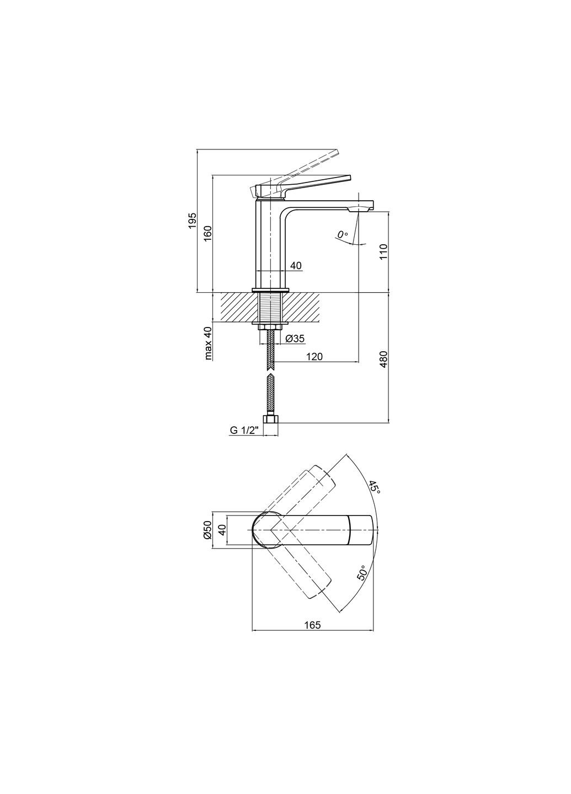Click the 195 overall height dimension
pos(192,220)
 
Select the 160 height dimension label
pos(208,233)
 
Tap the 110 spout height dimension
pos(384,251)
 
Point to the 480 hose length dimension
pos(384,358)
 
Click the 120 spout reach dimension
pos(314,357)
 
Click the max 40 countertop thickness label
pos(208,343)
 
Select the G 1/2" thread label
pos(244,431)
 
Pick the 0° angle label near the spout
pos(343,235)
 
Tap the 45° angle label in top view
pos(375,487)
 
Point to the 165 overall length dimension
pos(312,625)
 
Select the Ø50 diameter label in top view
pos(207,530)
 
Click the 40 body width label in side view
pos(296,266)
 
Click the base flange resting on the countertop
pos(270,289)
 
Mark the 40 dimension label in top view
pos(222,530)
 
